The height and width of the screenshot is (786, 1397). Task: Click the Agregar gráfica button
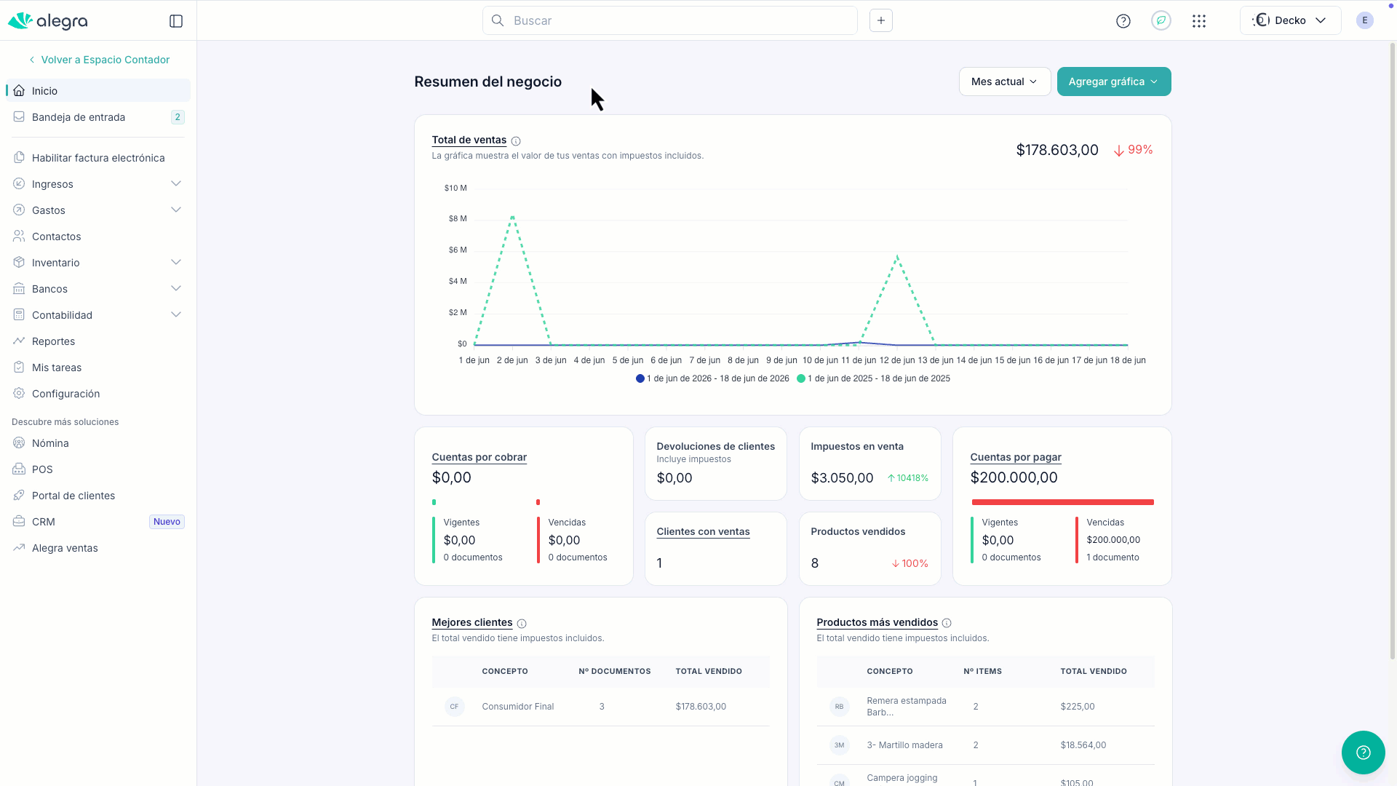coord(1113,82)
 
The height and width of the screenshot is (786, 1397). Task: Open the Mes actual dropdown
coord(1004,82)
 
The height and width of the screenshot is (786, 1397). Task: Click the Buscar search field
coord(669,20)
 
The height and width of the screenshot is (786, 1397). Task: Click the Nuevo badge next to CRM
coord(167,522)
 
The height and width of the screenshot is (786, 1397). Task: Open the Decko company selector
coord(1290,20)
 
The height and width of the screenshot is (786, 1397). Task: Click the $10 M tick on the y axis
coord(455,188)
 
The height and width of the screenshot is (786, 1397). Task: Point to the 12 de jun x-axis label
coord(896,360)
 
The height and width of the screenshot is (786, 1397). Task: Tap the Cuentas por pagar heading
coord(1016,457)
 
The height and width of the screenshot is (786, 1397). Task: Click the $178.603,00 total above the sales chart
coord(1057,150)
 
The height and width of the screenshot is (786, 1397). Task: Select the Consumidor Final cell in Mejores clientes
coord(518,707)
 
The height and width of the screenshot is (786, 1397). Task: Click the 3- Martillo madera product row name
coord(904,745)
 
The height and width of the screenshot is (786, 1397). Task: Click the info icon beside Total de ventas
coord(516,141)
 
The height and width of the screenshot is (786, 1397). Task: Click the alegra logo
coord(48,21)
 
